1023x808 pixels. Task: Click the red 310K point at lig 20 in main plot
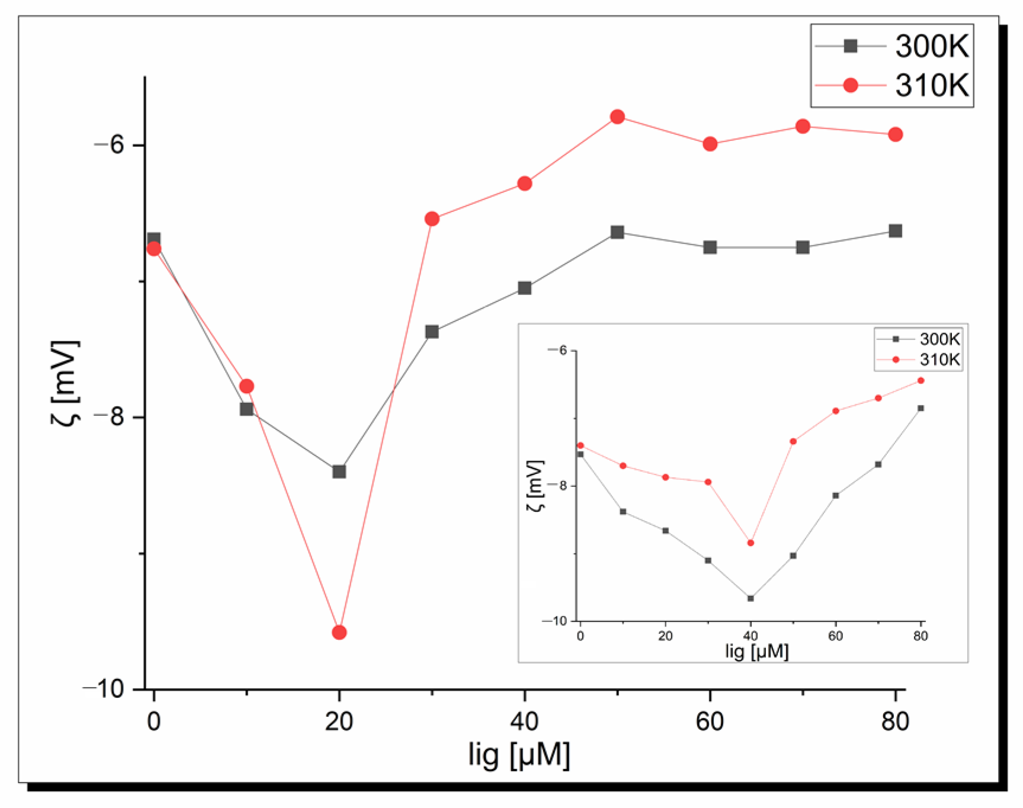[339, 633]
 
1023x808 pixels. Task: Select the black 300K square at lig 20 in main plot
[339, 472]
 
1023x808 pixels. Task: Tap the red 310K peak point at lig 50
[617, 117]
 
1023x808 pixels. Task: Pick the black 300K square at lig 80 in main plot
[895, 231]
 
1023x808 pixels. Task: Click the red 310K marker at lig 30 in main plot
[432, 219]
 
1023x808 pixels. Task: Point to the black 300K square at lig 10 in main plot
[246, 409]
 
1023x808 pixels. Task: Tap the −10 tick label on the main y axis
[103, 689]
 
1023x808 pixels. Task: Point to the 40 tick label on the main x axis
[524, 722]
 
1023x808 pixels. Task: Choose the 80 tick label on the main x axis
[895, 722]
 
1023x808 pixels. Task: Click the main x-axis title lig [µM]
[519, 756]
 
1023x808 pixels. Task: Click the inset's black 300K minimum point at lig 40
[751, 598]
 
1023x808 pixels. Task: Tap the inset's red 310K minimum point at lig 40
[751, 543]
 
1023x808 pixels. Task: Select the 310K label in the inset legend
[939, 360]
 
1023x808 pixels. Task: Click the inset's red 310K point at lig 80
[921, 380]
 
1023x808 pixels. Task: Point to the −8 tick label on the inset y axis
[557, 485]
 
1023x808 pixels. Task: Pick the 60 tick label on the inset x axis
[835, 636]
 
